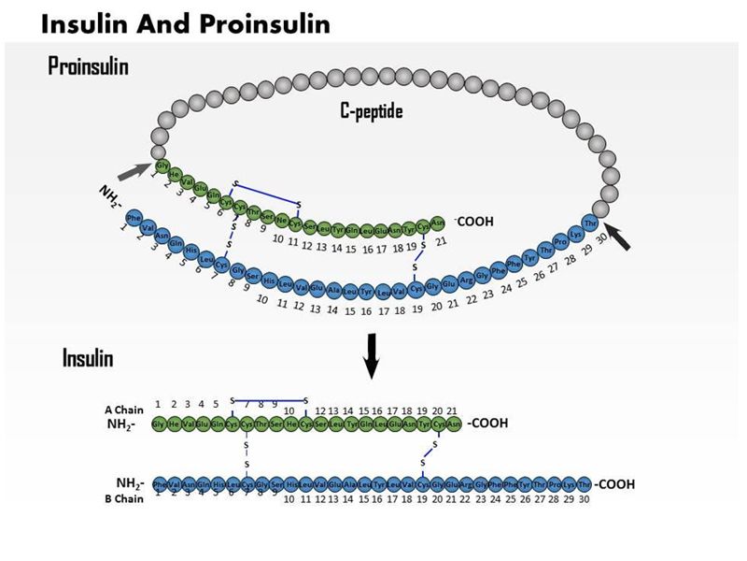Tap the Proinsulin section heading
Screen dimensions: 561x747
click(89, 66)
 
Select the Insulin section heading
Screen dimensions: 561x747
click(88, 358)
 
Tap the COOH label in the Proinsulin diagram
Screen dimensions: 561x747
click(472, 222)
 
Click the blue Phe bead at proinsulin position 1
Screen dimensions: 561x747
click(134, 217)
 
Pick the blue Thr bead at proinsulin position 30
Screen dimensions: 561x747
click(590, 223)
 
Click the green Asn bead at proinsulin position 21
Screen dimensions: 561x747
click(438, 223)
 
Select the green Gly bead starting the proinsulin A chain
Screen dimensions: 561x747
click(162, 165)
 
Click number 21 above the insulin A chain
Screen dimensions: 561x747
click(452, 410)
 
